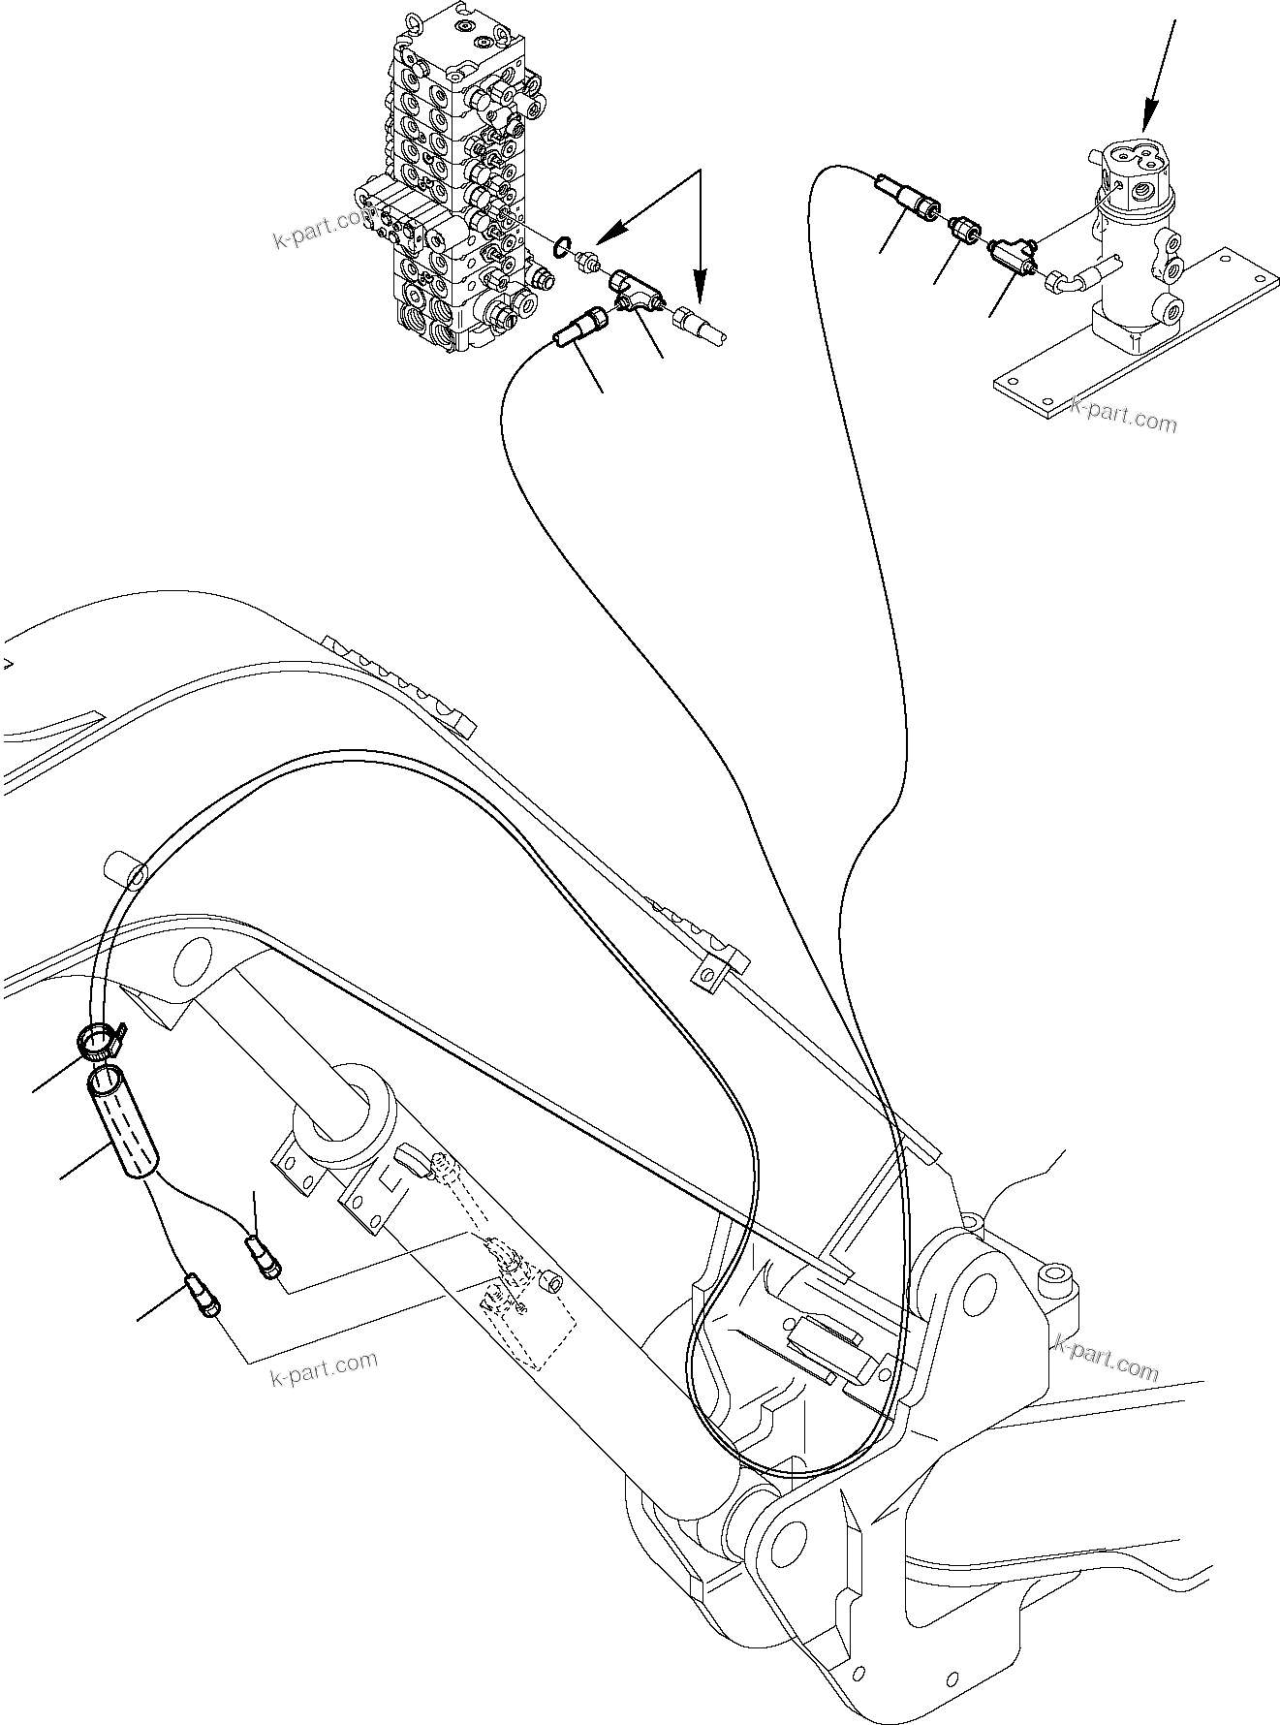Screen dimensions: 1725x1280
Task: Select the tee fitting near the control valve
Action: pos(635,290)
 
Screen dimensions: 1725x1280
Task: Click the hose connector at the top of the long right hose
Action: pos(907,193)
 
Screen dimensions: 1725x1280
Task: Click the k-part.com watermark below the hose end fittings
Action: pos(325,1367)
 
